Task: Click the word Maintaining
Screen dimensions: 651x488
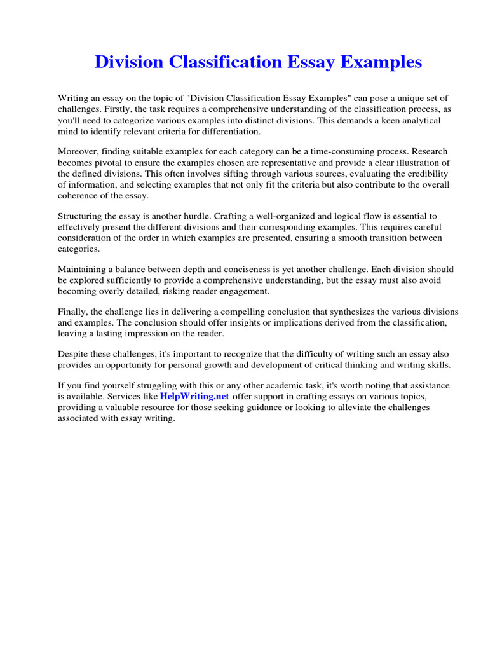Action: (x=83, y=270)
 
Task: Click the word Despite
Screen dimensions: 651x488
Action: (x=74, y=354)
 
